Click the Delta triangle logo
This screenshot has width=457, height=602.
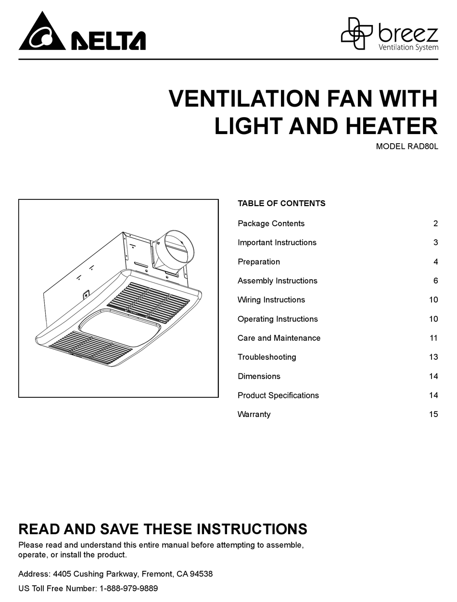pos(42,32)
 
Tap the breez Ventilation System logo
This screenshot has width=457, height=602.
pos(389,34)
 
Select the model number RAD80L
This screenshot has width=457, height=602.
pos(423,147)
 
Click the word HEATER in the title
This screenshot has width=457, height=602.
pos(392,126)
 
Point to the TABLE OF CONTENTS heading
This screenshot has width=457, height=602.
pos(281,203)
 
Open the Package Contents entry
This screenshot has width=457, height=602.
pos(271,223)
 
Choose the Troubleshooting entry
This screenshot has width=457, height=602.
pos(267,357)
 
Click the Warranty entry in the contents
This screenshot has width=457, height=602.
pos(254,414)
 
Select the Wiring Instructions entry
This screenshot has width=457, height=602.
pos(271,300)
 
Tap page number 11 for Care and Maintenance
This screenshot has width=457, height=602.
pos(434,338)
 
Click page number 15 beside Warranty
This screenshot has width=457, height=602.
pos(434,414)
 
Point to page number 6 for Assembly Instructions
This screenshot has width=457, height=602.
pos(435,281)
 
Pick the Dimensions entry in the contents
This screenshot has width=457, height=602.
pos(259,376)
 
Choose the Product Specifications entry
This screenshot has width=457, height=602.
pos(278,395)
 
